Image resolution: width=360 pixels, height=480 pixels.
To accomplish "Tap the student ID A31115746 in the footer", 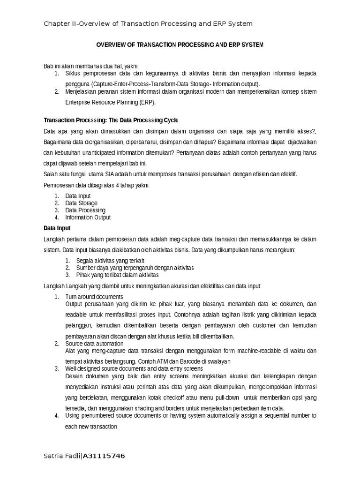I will [104, 456].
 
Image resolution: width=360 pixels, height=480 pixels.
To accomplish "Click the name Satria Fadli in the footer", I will [62, 456].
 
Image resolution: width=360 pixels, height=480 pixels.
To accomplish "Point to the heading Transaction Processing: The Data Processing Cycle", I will [111, 120].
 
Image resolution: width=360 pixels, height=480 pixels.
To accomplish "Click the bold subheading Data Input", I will [57, 228].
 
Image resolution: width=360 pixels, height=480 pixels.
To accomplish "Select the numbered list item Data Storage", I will [81, 203].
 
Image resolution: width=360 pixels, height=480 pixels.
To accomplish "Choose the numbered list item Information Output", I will [88, 217].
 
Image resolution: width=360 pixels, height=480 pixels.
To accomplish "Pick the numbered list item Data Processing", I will [85, 210].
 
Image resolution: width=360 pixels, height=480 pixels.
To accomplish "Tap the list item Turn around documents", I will [94, 297].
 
